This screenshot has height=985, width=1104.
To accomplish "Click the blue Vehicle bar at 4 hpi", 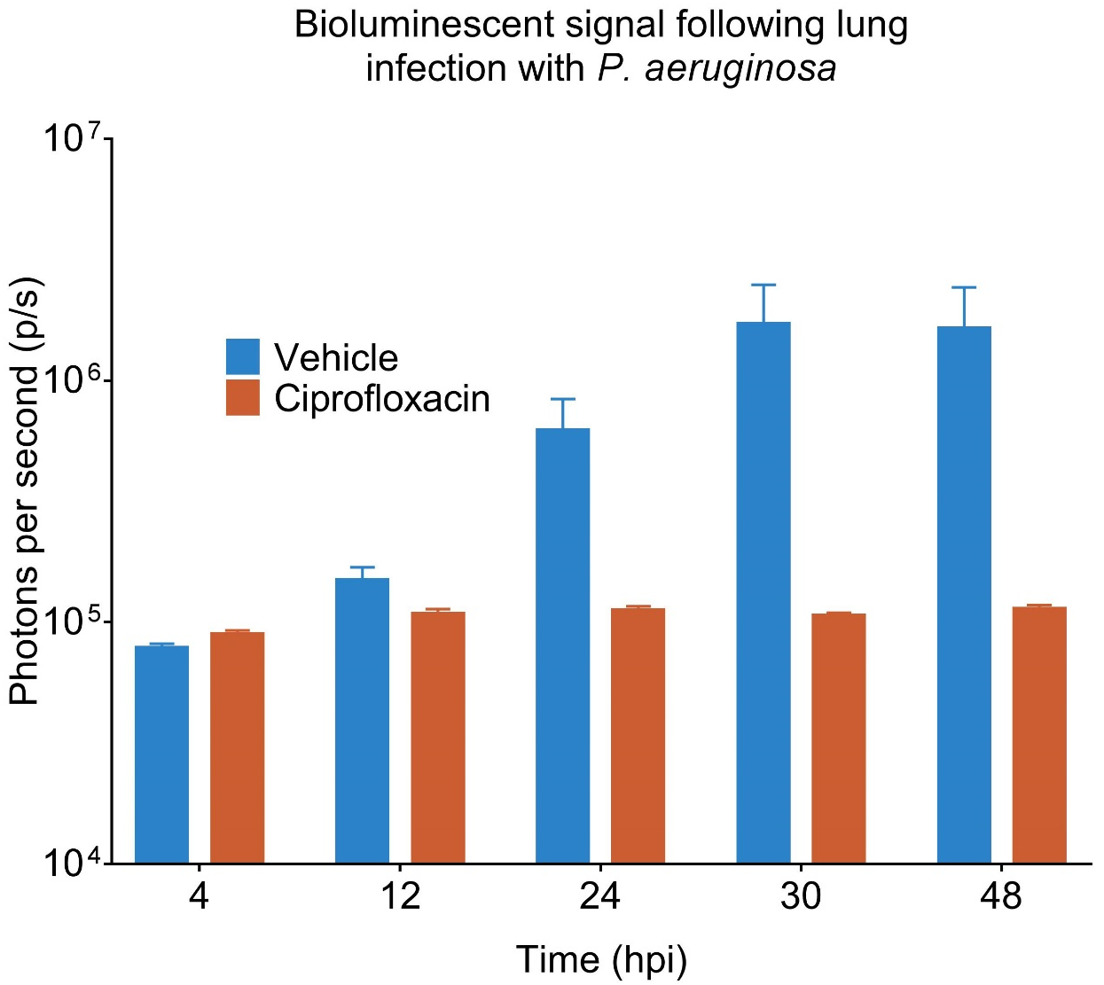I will pos(161,754).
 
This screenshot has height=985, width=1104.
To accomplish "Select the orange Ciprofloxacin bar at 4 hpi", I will pos(237,747).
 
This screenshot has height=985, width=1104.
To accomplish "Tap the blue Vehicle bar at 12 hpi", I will pos(362,720).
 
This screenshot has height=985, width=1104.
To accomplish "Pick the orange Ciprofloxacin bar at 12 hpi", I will pos(438,737).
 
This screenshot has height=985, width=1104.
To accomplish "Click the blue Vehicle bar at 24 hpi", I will pos(562,645).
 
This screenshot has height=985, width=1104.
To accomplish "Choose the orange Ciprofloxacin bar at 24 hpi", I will pos(638,735).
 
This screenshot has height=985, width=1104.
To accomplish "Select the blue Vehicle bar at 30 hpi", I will pos(763,592).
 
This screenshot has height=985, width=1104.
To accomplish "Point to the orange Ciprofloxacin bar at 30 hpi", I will pos(838,738).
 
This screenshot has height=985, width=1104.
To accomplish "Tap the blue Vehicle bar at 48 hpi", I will pos(964,594).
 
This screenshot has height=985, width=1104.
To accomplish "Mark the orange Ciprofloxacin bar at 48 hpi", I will pos(1039,734).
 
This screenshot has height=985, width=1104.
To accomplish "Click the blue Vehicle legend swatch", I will pos(243,356).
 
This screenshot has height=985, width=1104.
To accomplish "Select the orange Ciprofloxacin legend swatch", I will pos(243,398).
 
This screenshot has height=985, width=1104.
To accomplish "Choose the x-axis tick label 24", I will pos(600,897).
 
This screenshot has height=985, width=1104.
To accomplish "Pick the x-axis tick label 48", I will pos(1001,897).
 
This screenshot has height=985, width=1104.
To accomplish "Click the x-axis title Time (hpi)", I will pos(601,960).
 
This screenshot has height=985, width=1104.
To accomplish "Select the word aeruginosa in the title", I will pos(740,68).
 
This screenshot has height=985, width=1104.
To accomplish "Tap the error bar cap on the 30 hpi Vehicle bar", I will pos(763,285).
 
